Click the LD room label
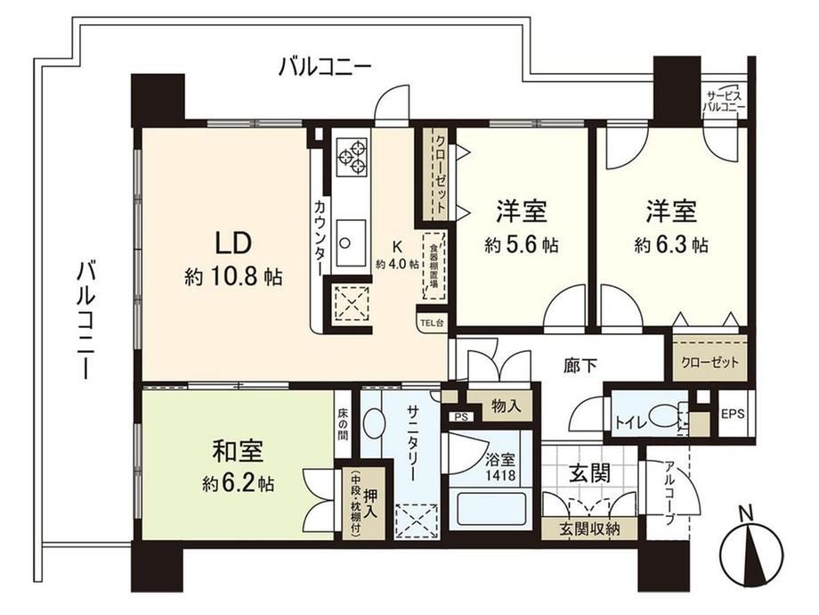pyautogui.click(x=234, y=242)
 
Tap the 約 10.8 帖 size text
pyautogui.click(x=233, y=277)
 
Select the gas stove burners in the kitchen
pyautogui.click(x=352, y=156)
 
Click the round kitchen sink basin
pyautogui.click(x=345, y=242)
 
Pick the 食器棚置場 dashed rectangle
pyautogui.click(x=434, y=265)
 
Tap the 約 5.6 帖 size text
pyautogui.click(x=522, y=245)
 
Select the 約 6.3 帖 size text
pyautogui.click(x=672, y=244)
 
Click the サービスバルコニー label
pyautogui.click(x=724, y=102)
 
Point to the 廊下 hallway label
pyautogui.click(x=580, y=365)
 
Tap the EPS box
pyautogui.click(x=733, y=414)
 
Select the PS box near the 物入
pyautogui.click(x=461, y=417)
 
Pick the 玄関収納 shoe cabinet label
pyautogui.click(x=589, y=529)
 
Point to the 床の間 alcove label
pyautogui.click(x=342, y=424)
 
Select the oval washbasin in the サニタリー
pyautogui.click(x=373, y=423)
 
